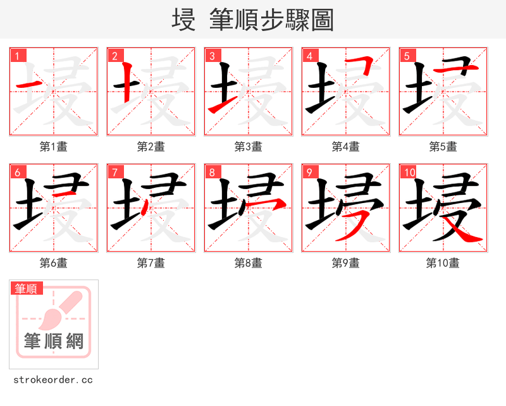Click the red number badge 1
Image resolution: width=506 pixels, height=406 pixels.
pos(17,56)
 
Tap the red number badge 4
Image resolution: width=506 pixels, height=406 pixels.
pos(309,56)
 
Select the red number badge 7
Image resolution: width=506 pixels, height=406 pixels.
pos(114,172)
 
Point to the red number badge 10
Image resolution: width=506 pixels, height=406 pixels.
pos(409,172)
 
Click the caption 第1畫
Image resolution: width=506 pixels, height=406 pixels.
pos(53,147)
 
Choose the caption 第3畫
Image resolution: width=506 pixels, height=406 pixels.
pos(248,147)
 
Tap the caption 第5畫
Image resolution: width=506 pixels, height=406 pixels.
pos(443,147)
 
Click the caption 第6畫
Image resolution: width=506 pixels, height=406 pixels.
pos(53,263)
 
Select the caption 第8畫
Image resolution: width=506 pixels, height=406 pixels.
pos(248,263)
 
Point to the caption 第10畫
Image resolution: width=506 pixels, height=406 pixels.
pos(443,263)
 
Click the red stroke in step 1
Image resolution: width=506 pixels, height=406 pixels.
pos(29,84)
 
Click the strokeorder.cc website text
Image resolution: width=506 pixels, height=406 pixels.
pos(53,380)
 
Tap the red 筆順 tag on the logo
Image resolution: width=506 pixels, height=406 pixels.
pos(27,288)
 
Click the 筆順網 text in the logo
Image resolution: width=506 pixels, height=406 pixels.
pos(54,341)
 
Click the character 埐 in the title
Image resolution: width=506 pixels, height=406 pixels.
pos(183,20)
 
